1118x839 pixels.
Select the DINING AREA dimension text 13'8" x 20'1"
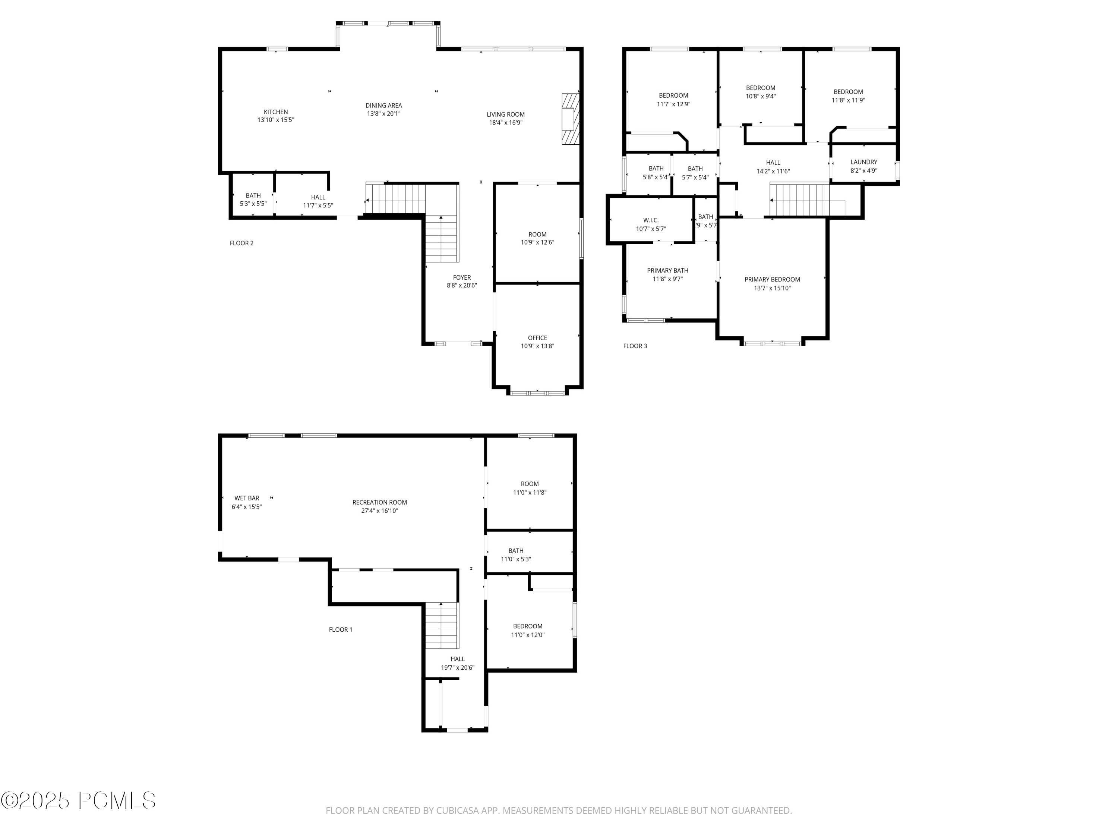click(x=383, y=114)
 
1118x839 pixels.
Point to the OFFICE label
click(x=537, y=338)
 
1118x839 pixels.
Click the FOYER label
click(x=461, y=277)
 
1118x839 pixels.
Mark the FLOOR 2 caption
click(x=241, y=243)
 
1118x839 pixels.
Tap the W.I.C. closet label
click(x=650, y=220)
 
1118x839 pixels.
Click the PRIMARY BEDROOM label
click(x=772, y=279)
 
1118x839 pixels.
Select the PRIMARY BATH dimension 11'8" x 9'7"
click(x=667, y=279)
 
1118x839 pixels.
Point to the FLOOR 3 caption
click(x=634, y=346)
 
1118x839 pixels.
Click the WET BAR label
click(x=247, y=498)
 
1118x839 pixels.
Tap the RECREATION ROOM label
click(x=380, y=502)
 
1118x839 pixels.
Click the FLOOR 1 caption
click(x=340, y=630)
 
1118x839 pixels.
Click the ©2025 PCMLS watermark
click(x=78, y=801)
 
